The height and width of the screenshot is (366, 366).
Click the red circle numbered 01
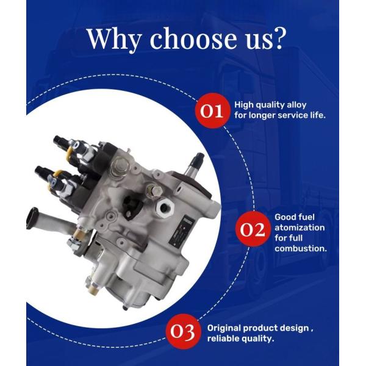click(212, 111)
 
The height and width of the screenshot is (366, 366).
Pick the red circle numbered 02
click(253, 229)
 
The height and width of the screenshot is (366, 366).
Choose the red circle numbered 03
click(182, 331)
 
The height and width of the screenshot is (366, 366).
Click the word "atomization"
click(300, 228)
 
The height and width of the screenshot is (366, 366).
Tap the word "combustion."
click(301, 248)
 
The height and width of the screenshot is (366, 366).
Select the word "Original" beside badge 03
click(224, 328)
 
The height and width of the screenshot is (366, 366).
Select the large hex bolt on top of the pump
click(120, 166)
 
